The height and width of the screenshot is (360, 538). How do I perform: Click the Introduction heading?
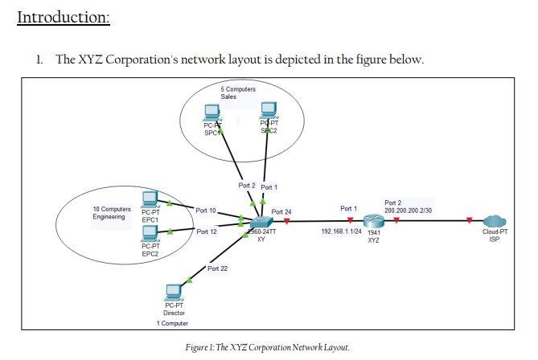click(x=63, y=17)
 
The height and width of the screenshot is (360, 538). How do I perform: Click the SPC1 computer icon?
click(x=212, y=112)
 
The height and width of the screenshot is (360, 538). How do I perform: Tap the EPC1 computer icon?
click(x=150, y=199)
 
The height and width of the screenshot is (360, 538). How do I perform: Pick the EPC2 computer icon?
click(x=150, y=233)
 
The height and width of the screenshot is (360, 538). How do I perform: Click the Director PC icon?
click(x=174, y=291)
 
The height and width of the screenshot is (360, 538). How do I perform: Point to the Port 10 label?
click(x=206, y=211)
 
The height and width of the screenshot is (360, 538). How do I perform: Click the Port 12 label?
click(x=207, y=231)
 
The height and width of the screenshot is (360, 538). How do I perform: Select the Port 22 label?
click(x=217, y=268)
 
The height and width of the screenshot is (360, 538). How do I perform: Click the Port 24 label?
click(x=281, y=211)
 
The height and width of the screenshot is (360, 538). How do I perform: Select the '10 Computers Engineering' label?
click(x=112, y=213)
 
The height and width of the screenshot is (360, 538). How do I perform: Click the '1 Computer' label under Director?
click(x=173, y=323)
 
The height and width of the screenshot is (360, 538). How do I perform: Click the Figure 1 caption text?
click(x=268, y=347)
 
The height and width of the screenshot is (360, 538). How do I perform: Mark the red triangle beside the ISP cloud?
click(x=470, y=220)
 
